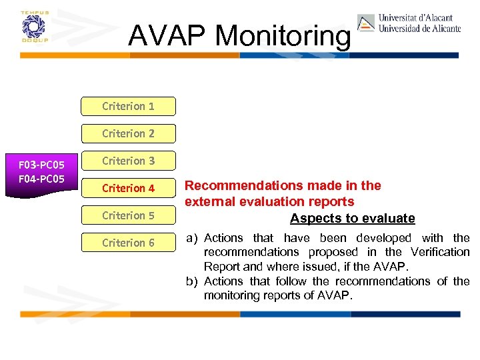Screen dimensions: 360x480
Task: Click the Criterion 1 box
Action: coord(128,107)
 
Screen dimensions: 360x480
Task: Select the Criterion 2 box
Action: coord(128,134)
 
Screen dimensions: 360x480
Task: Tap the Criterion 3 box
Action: coord(128,161)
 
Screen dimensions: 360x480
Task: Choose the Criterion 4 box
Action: coord(128,189)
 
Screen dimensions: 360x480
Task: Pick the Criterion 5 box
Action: coord(128,216)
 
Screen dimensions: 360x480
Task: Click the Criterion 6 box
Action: coord(128,243)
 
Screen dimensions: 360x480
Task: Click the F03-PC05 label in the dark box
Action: coord(41,165)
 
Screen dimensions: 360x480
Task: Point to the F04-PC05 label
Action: coord(41,179)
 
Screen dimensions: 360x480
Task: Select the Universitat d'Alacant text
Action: coord(415,18)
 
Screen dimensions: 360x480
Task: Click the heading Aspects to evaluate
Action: coord(352,219)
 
